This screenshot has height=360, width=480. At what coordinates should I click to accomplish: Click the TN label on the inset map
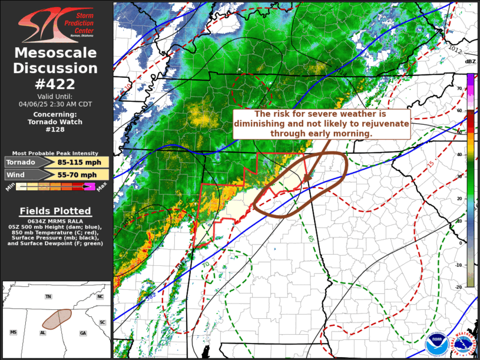click(x=48, y=296)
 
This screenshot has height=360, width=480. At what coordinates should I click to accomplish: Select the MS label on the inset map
click(x=13, y=332)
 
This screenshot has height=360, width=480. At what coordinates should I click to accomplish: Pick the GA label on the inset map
click(x=83, y=333)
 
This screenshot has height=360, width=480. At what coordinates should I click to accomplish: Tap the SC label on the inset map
click(x=102, y=322)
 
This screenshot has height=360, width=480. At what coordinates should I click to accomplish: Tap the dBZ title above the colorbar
click(x=470, y=61)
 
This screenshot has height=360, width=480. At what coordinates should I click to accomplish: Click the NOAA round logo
click(x=435, y=342)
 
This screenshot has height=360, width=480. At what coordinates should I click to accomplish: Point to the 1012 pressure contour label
click(x=455, y=48)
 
